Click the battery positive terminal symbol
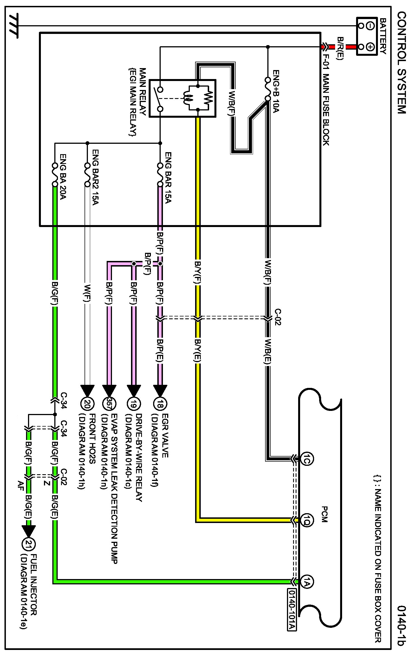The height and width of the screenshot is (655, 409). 370,47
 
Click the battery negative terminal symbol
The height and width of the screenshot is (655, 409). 370,26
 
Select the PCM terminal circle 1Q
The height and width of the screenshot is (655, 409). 307,520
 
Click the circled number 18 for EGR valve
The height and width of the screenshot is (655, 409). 160,404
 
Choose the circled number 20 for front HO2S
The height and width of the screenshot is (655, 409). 87,404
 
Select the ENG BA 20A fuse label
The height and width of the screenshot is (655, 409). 63,177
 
